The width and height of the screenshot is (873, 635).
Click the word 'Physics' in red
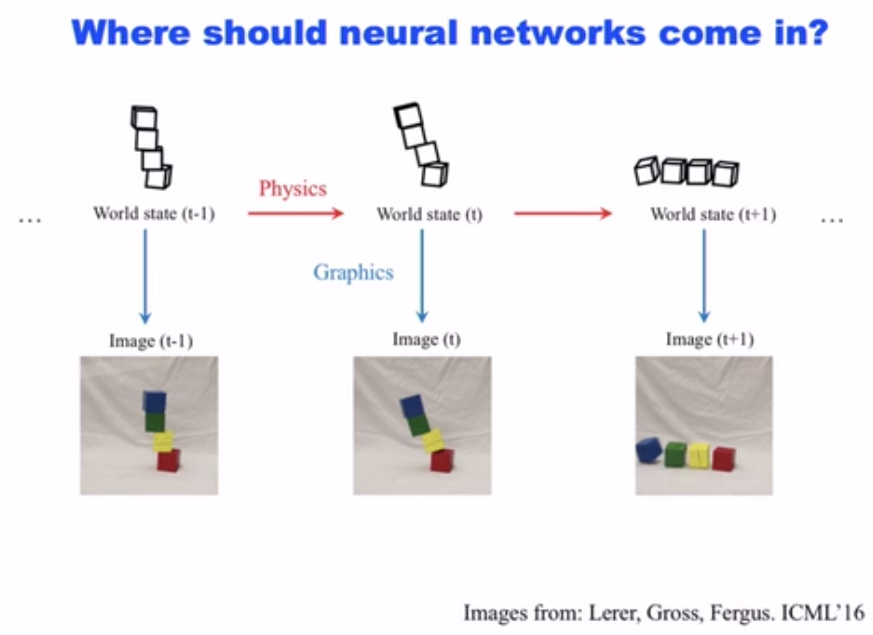292,188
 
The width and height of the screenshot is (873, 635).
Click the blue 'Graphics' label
353,272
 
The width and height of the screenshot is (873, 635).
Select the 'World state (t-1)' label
154,214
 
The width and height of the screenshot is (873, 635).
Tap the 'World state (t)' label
429,214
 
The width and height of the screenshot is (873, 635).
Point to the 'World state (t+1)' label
713,214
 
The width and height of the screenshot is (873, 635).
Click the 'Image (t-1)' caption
151,341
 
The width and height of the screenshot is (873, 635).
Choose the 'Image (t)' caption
426,340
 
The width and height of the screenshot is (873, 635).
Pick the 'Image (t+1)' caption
710,340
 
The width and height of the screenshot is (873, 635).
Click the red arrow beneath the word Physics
296,214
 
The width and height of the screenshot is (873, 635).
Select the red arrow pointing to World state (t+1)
563,214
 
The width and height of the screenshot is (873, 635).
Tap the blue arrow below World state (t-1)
145,276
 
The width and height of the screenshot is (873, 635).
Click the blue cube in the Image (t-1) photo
154,402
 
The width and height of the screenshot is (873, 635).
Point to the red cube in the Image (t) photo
441,461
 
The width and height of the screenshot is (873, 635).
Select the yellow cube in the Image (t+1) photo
699,455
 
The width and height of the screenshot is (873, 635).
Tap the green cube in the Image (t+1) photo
675,454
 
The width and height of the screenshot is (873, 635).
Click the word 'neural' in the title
398,32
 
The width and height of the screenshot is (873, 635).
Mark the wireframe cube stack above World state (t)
420,145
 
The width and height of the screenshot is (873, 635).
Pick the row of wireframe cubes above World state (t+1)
687,171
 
